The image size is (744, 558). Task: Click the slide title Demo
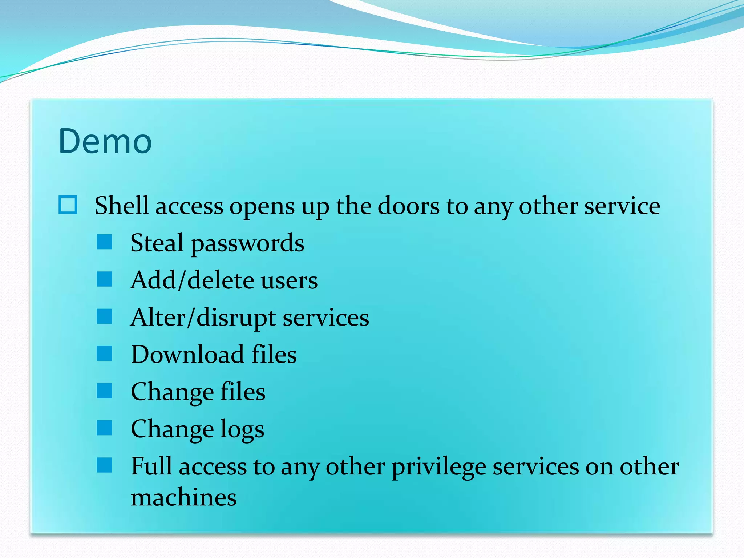[x=105, y=141]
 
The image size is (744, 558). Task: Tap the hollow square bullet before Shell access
[x=68, y=205]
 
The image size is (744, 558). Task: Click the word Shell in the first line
[x=122, y=206]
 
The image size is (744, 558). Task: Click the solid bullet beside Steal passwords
[x=105, y=242]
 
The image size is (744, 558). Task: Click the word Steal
[x=157, y=243]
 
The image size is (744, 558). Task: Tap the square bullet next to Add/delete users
[x=105, y=279]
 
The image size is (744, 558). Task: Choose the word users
[x=289, y=280]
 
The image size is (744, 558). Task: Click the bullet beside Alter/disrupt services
[x=105, y=316]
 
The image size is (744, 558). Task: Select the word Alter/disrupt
[x=203, y=318]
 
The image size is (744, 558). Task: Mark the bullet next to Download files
[x=105, y=353]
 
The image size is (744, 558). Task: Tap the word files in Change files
[x=243, y=392]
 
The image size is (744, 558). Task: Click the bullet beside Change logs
[x=105, y=428]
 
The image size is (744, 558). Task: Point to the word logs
[x=242, y=430]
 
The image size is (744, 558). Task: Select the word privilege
[x=438, y=468]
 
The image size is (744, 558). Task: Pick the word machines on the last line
[x=183, y=497]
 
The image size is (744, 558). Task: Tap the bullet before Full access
[x=105, y=465]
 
